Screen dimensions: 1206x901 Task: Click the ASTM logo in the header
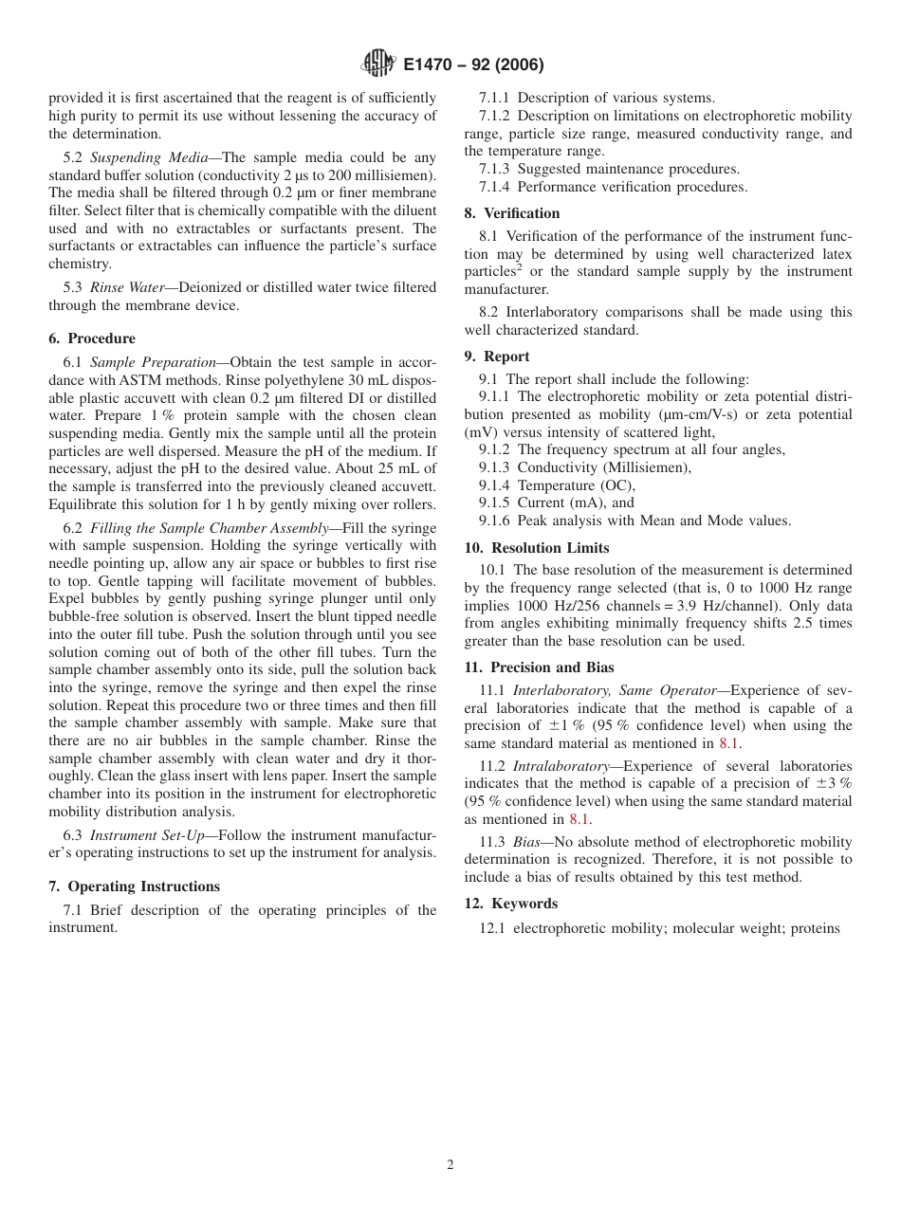pos(378,64)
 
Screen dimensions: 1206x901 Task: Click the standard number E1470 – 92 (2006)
pos(472,65)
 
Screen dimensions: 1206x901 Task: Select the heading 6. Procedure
pos(92,338)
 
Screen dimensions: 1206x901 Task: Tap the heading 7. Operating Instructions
pos(134,886)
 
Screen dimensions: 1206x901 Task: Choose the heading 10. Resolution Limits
pos(537,548)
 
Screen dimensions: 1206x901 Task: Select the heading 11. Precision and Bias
pos(539,667)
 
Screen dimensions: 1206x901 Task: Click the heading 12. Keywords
pos(511,904)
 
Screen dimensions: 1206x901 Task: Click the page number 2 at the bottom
pos(450,1165)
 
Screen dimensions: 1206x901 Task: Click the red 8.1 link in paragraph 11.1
pos(729,744)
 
